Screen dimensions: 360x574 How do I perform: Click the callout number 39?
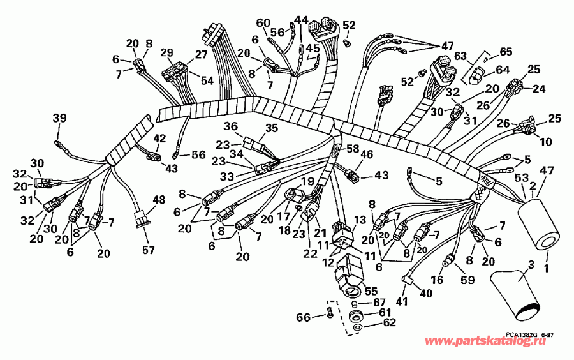[x=59, y=118]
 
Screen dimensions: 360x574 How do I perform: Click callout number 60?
[x=263, y=23]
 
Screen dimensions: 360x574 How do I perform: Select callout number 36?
[x=230, y=126]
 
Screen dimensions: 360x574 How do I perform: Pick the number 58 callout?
[x=351, y=149]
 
